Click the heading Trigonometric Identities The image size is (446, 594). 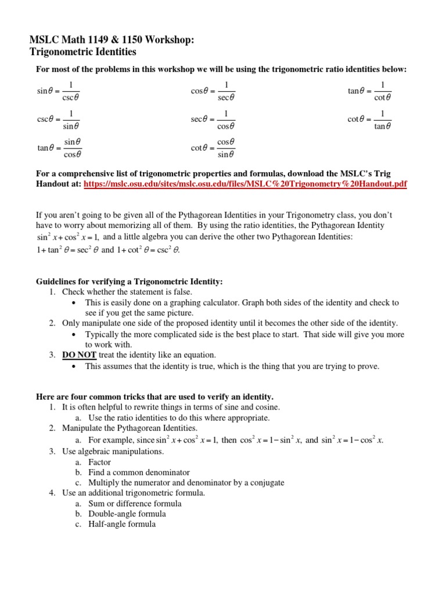pos(82,52)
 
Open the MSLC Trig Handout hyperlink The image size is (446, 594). pos(245,184)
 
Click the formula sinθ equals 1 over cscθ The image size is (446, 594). pos(59,90)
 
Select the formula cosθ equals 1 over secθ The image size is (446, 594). pos(213,90)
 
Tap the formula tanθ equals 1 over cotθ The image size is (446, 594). pos(370,90)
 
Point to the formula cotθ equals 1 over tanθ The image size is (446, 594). pos(370,119)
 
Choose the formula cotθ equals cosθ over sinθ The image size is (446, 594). pos(213,148)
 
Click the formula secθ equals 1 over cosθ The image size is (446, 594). pos(213,119)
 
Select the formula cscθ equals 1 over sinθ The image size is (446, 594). pos(59,119)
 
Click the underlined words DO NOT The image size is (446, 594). pos(80,354)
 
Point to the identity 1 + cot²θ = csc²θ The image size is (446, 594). pos(148,251)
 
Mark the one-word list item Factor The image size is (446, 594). pos(99,462)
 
